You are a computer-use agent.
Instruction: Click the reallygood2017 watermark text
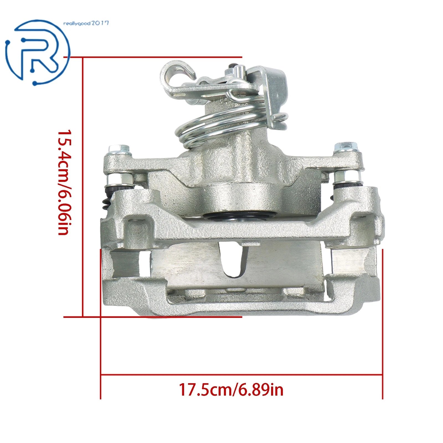86,23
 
